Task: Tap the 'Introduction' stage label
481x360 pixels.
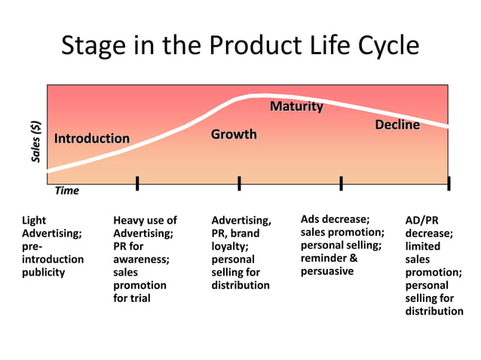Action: tap(91, 139)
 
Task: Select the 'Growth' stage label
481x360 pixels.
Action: tap(234, 135)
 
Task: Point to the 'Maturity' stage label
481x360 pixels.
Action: tap(296, 107)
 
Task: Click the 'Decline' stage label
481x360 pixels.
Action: tap(397, 125)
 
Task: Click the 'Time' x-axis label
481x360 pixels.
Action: tap(66, 191)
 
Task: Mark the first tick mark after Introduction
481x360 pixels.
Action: tap(137, 183)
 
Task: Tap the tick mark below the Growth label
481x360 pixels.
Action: tap(239, 183)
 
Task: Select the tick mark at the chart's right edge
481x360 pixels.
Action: tap(449, 183)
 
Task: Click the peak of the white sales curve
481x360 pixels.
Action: tap(256, 96)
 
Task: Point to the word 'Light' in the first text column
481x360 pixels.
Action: tap(34, 221)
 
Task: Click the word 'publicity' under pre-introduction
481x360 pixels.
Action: tap(44, 272)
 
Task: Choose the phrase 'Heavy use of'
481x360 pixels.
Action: tap(145, 221)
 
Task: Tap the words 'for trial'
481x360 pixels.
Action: tap(132, 298)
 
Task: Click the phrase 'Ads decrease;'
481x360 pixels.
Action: tap(335, 219)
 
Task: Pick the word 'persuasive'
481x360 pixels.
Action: tap(327, 271)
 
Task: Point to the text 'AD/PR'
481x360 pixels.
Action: tap(421, 221)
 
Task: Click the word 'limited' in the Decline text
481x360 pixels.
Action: tap(423, 246)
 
